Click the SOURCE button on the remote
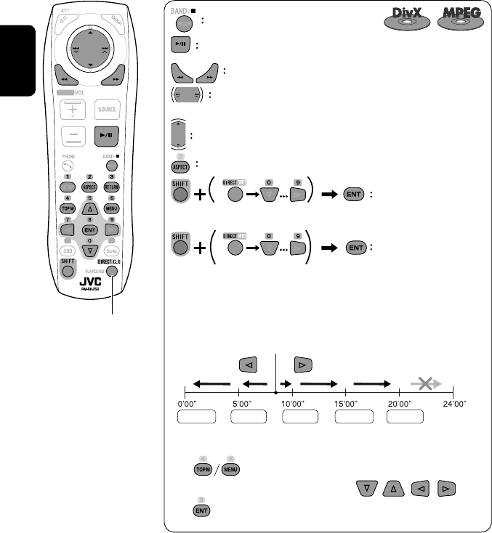[107, 110]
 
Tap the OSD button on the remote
[70, 252]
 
